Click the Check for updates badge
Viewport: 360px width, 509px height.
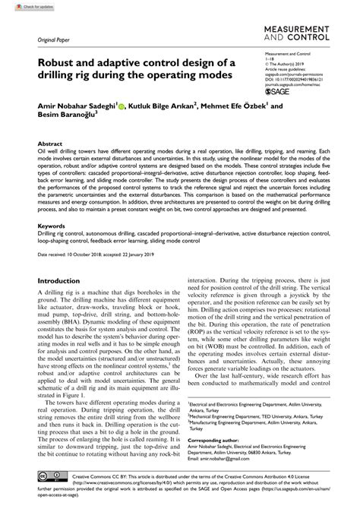pyautogui.click(x=21, y=6)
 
